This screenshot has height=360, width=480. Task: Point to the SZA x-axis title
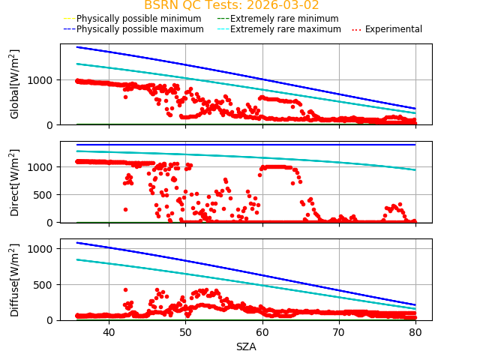246,346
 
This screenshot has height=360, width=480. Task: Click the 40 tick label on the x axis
109,332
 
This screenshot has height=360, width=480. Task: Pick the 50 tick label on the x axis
185,332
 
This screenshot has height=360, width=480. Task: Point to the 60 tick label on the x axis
262,332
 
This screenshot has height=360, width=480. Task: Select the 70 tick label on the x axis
339,332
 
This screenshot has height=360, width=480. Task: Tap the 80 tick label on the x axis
415,332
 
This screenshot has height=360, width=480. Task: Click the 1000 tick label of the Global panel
43,80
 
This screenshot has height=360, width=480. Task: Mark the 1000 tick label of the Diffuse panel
43,248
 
